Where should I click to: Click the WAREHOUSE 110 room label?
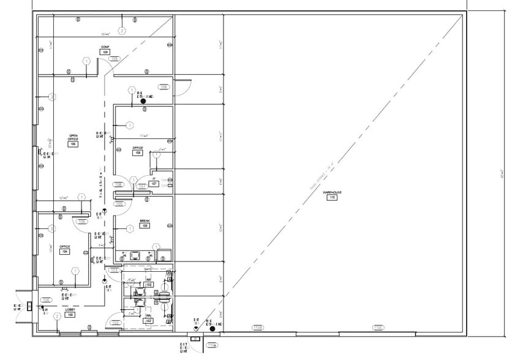(x=333, y=195)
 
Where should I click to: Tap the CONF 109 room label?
(x=105, y=50)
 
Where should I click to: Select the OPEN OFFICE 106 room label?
(x=73, y=140)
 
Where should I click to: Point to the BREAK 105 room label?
(x=145, y=223)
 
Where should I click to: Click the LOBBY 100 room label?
(x=70, y=312)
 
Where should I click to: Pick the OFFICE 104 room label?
(x=64, y=249)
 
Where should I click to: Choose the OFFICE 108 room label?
(x=138, y=151)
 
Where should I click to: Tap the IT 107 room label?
(x=154, y=182)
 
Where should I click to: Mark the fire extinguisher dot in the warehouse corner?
(x=212, y=328)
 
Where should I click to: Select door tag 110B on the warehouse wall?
(x=259, y=328)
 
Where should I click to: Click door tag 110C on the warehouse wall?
(x=378, y=328)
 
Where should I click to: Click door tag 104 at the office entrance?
(x=81, y=222)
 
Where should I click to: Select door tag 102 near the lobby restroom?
(x=115, y=323)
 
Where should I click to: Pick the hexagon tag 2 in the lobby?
(x=56, y=317)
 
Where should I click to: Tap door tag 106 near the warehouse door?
(x=164, y=87)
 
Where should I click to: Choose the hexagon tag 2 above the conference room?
(x=122, y=30)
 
